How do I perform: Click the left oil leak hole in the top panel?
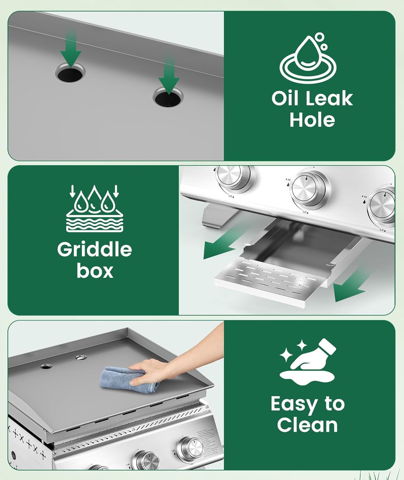click(70, 73)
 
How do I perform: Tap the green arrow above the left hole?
click(71, 50)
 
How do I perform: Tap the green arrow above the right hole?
click(169, 76)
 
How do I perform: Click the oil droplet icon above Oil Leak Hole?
click(308, 59)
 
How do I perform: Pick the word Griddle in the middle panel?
click(94, 250)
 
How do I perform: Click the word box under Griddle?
click(95, 271)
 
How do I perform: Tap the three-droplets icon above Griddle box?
click(95, 208)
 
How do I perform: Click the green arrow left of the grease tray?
click(221, 246)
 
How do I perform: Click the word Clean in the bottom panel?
click(307, 425)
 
